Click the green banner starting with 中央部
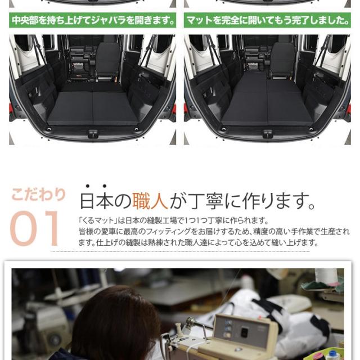click(x=92, y=20)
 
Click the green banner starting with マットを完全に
click(x=268, y=20)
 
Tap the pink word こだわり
click(x=39, y=195)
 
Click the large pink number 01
click(x=34, y=228)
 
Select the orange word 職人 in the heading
click(x=150, y=201)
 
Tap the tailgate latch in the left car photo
click(x=92, y=134)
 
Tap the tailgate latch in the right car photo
click(x=268, y=134)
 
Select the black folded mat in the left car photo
click(x=92, y=108)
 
